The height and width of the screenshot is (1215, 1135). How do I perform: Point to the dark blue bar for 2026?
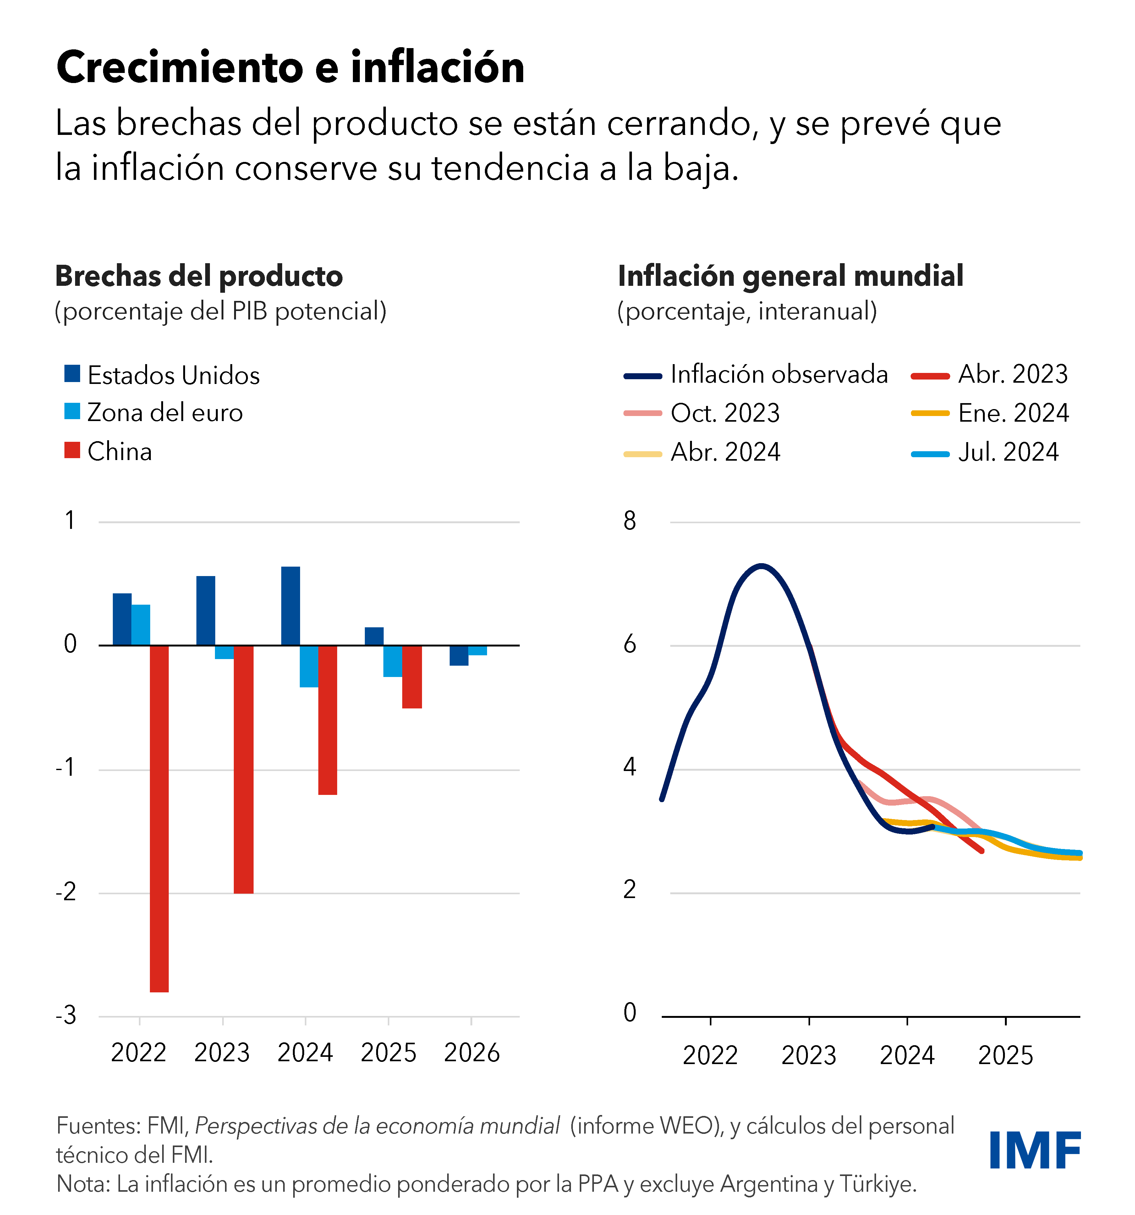tap(459, 655)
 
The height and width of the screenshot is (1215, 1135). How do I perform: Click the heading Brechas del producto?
tap(199, 276)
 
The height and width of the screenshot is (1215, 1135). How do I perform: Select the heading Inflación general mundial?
tap(791, 276)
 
